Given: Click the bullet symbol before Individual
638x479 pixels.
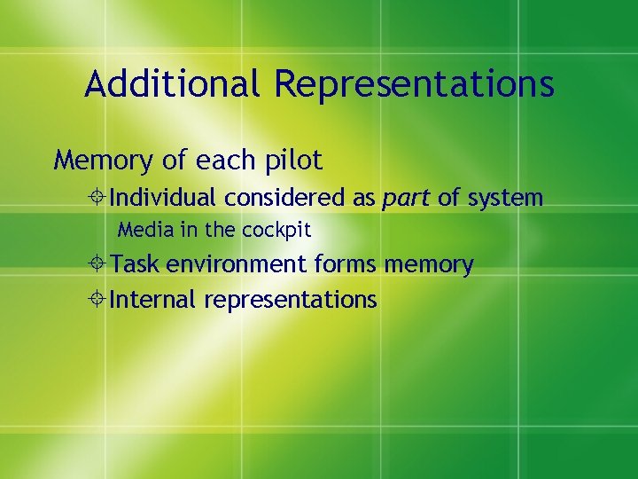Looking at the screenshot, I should point(98,198).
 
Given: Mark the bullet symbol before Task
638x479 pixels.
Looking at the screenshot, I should point(98,264).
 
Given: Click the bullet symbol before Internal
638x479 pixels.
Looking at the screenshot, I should point(98,300).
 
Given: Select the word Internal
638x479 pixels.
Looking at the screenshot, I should point(154,300).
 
